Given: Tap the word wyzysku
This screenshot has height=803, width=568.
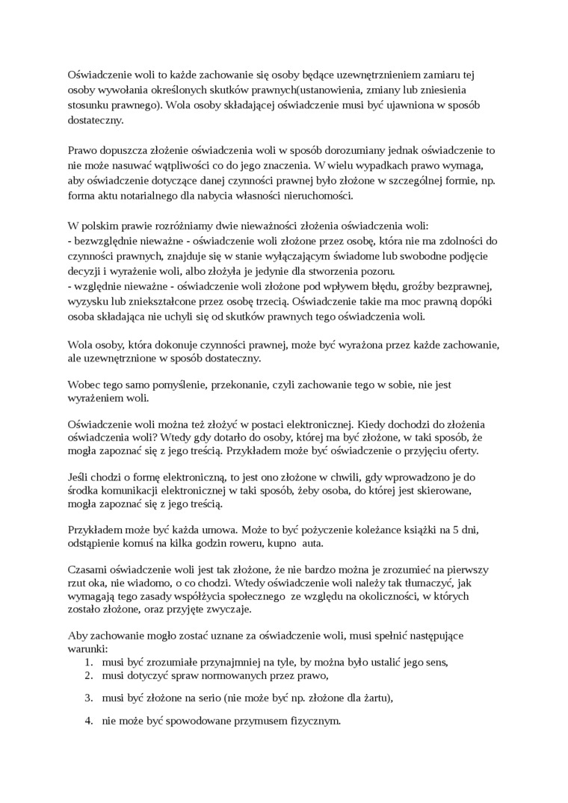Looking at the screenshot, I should (87, 302).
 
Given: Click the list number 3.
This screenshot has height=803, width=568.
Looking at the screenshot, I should (87, 698).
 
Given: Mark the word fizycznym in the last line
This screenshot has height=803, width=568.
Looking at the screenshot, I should (313, 721).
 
